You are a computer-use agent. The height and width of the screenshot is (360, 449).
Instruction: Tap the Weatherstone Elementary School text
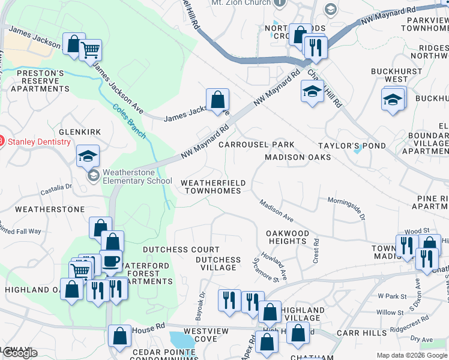point(137,176)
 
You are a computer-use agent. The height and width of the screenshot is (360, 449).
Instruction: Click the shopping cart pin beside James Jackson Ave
point(90,50)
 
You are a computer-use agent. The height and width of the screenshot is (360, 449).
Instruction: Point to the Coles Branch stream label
point(129,121)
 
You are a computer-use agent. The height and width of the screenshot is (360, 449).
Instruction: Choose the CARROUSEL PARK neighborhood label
point(256,145)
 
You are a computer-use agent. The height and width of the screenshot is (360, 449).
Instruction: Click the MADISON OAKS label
point(298,157)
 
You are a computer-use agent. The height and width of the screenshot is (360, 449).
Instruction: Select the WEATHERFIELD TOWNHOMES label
point(212,186)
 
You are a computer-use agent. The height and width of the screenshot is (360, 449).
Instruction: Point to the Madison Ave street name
point(276,211)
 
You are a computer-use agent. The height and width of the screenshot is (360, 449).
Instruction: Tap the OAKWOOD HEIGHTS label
point(288,237)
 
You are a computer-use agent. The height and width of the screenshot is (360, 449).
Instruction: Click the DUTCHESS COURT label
point(181,249)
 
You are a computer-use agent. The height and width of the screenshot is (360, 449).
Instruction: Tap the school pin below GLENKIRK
point(88,157)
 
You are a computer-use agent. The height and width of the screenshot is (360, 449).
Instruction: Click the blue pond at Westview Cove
point(182,340)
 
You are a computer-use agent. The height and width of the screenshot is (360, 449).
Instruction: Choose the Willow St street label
point(390,313)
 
